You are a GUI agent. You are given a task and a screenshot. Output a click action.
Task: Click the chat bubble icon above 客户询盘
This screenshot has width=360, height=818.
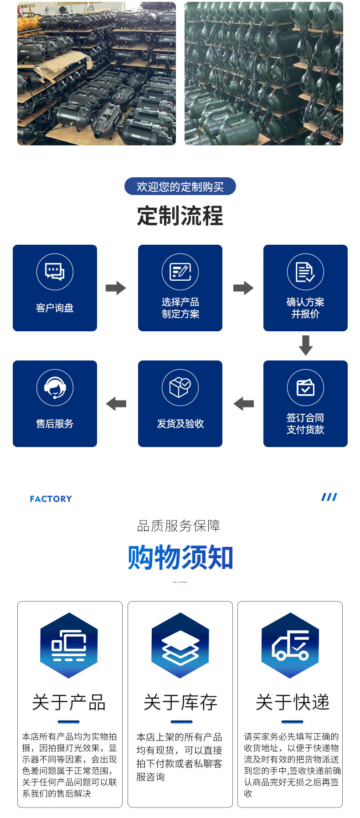coord(55,272)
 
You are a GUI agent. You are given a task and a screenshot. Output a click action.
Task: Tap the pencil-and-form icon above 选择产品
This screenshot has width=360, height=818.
coord(180,272)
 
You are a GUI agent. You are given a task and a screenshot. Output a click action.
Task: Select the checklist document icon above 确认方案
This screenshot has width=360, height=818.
coord(305,272)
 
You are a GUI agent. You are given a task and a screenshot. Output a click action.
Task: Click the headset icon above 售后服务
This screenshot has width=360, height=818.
coord(55,387)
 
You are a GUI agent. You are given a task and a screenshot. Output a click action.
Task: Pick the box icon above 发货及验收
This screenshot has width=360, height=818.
coord(180,387)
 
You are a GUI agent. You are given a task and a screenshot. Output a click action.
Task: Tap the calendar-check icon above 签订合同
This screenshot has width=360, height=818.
coord(305,387)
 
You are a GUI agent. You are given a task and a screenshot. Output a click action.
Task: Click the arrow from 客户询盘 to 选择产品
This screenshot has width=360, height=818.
coord(116,288)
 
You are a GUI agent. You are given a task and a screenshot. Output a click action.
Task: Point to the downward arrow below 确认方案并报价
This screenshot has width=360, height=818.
coord(305,345)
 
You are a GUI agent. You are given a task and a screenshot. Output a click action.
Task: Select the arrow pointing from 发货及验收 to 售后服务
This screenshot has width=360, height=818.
coord(116,404)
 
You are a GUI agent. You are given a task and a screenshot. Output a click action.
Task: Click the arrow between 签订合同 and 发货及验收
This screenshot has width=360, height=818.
coord(243,404)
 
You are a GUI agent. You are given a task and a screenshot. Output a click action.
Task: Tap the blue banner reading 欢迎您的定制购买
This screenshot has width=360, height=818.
coord(180,186)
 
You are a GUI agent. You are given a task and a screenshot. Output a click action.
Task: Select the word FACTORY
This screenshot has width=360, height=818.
coord(51,499)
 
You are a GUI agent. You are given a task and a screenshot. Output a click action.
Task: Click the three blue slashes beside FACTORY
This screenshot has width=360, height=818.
coord(329,497)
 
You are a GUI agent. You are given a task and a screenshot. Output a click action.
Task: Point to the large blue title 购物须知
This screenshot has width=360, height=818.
coord(180,557)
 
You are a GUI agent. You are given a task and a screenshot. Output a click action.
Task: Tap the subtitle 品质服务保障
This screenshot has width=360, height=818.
coord(179,526)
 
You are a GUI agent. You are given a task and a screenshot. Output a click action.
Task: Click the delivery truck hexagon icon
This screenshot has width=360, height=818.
coord(290,645)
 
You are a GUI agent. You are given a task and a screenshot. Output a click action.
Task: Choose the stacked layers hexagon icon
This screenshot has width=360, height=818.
coord(180,645)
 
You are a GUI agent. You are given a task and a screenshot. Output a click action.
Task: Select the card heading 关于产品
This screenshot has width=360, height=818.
coord(69,702)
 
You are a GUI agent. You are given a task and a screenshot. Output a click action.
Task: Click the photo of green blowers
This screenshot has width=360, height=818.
coord(263,73)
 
